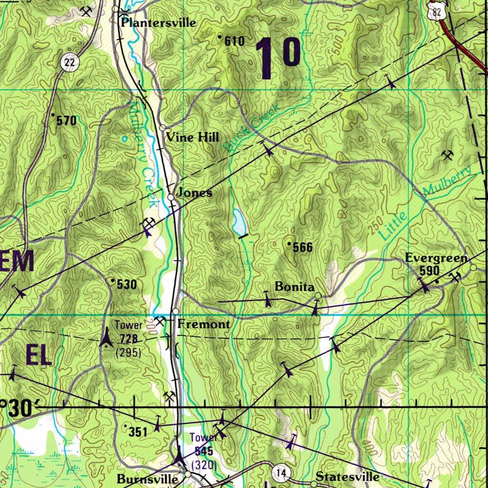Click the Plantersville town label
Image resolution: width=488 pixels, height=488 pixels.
click(158, 22)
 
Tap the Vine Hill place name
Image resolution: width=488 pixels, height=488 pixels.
click(193, 138)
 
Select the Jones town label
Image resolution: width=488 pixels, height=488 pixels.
click(194, 193)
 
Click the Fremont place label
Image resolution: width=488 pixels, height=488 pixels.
click(204, 325)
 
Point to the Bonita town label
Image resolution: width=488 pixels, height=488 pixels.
click(295, 287)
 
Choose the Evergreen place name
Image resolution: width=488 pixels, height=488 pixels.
click(436, 258)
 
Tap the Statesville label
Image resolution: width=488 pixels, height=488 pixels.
click(348, 477)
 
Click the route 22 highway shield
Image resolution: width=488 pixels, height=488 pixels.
click(70, 61)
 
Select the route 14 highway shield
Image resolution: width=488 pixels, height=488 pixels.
click(281, 473)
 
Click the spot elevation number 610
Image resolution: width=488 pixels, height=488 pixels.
click(234, 41)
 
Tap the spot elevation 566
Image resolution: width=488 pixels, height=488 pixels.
click(303, 247)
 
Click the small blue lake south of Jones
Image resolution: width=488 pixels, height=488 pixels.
click(239, 222)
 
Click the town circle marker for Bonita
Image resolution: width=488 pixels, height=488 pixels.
click(318, 296)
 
